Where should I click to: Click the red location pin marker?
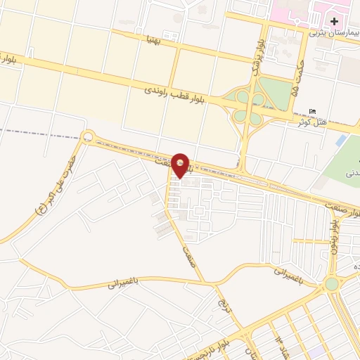point(181,165)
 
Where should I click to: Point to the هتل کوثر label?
point(312,122)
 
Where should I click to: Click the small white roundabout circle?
point(87,136)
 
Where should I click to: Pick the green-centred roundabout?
point(331,284)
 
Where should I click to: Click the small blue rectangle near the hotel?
point(341,141)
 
